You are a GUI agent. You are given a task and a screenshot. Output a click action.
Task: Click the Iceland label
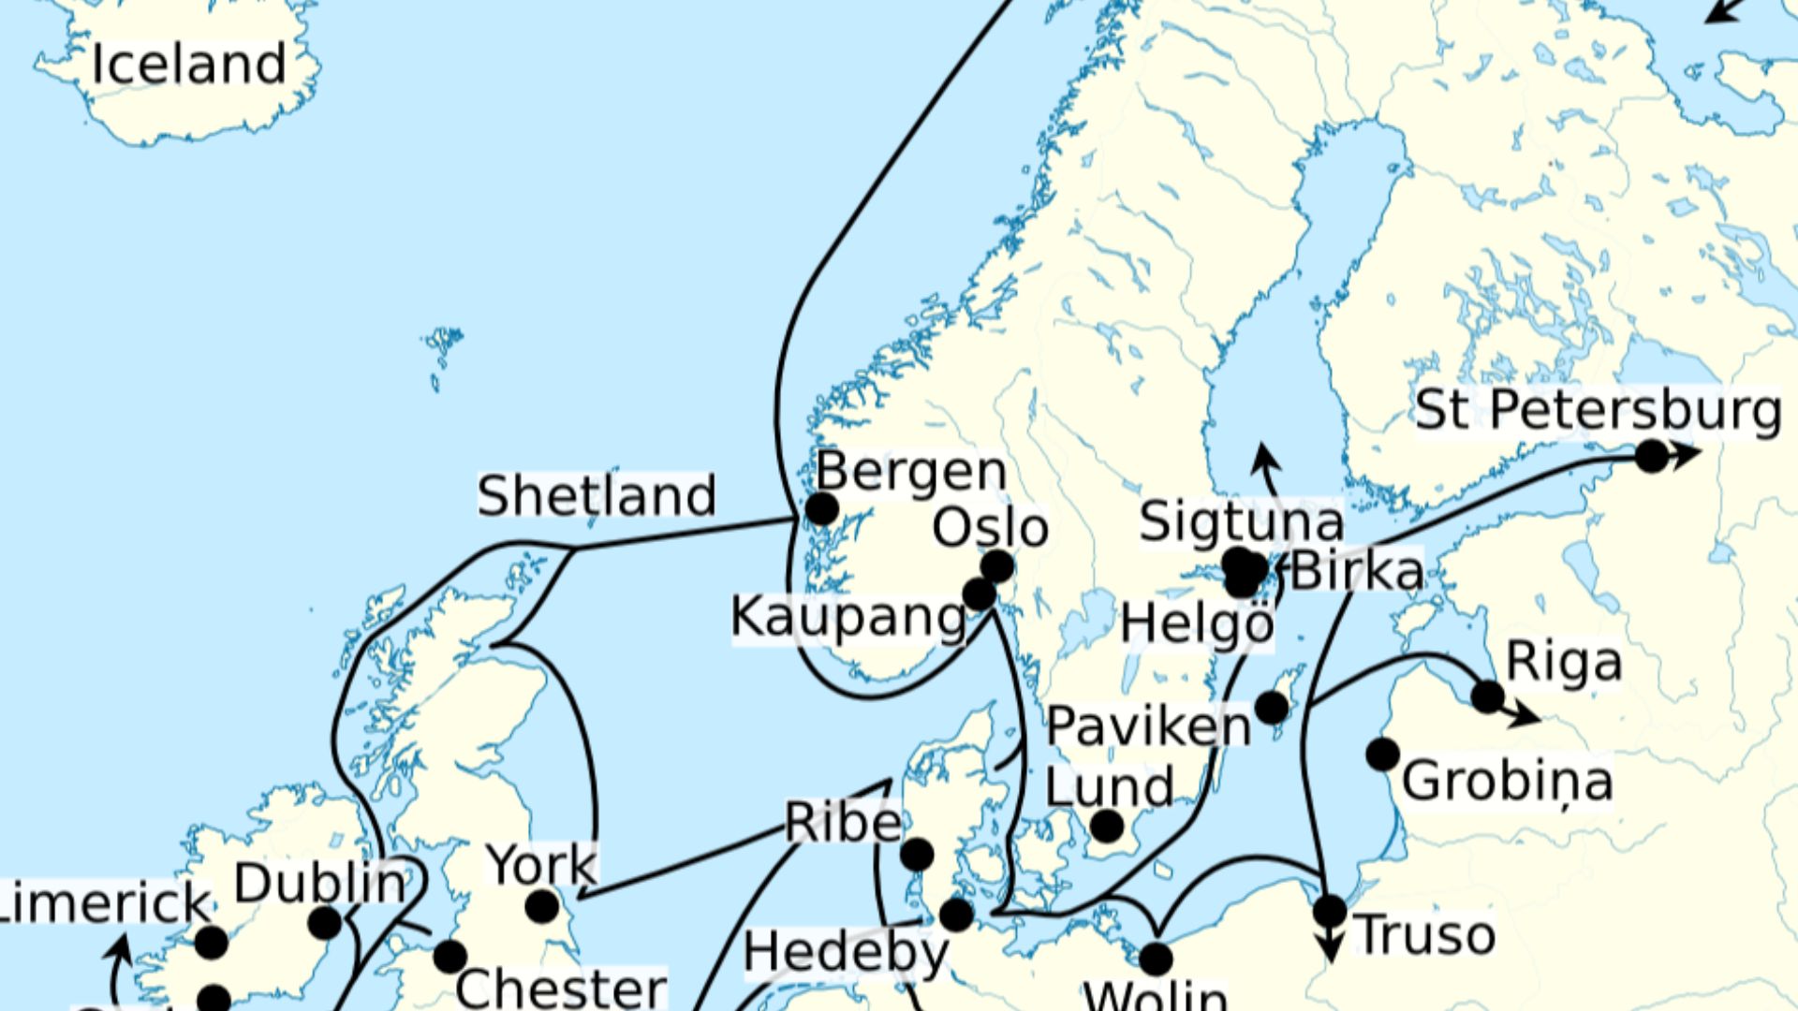188,64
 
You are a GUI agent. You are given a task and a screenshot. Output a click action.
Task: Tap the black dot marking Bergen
821,509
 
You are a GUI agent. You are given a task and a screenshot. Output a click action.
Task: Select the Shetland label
597,495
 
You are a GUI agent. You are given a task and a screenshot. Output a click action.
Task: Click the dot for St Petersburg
1652,456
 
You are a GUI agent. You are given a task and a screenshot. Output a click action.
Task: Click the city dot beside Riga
1487,696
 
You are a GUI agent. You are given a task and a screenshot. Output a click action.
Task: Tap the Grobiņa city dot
1382,754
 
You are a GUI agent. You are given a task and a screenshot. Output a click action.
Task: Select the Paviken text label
1148,726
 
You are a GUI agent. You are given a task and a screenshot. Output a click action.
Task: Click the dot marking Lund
1107,827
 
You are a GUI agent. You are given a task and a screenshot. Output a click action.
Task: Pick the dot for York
542,906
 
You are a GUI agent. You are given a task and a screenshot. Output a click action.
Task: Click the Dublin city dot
325,923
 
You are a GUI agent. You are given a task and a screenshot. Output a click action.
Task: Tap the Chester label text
561,989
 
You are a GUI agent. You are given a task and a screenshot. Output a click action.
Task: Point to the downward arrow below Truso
1330,950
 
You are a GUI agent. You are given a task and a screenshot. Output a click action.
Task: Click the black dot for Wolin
1156,959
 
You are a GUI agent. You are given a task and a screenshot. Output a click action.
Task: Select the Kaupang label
847,618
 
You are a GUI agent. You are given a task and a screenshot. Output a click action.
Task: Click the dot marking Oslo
997,566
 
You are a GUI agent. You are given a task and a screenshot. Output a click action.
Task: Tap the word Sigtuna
1241,521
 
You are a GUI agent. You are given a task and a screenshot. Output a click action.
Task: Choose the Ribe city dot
917,854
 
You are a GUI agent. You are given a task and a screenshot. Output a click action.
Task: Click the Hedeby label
846,953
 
